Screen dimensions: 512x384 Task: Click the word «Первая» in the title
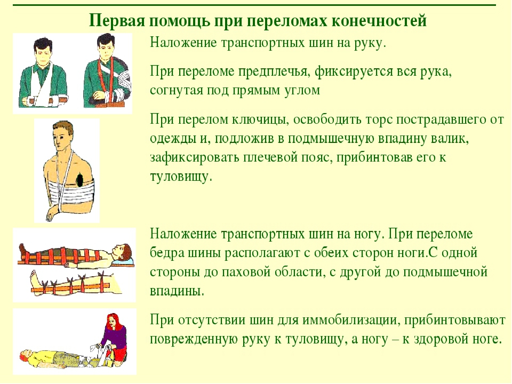tap(117, 21)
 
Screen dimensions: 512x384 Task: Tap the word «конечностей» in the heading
tap(379, 21)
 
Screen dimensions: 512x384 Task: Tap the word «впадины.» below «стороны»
tap(177, 291)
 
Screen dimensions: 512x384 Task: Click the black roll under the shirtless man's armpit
tap(79, 180)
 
